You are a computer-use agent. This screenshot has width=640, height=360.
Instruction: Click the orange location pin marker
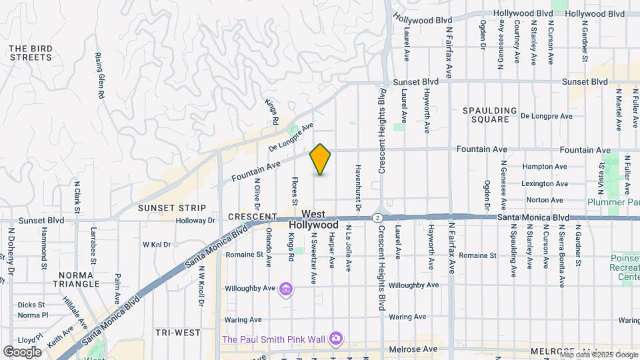pos(321,159)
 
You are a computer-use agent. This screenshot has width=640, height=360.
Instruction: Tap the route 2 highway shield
pos(378,217)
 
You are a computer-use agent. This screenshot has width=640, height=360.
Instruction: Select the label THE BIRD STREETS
pos(31,53)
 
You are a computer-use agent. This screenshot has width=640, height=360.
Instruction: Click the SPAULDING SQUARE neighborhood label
pos(491,115)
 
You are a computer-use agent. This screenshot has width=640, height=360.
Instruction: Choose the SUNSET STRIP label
pos(163,208)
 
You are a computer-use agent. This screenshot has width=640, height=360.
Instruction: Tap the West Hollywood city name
pos(315,220)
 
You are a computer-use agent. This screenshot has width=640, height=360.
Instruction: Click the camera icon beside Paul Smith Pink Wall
pos(337,339)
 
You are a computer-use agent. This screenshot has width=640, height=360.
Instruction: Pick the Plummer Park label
pos(613,202)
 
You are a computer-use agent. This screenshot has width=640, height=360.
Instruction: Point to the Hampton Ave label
pos(545,167)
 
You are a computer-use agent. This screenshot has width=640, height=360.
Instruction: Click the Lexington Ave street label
pos(545,183)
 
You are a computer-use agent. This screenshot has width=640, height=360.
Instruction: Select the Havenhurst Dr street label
pos(358,189)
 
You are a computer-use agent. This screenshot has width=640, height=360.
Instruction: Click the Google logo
pos(22,351)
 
